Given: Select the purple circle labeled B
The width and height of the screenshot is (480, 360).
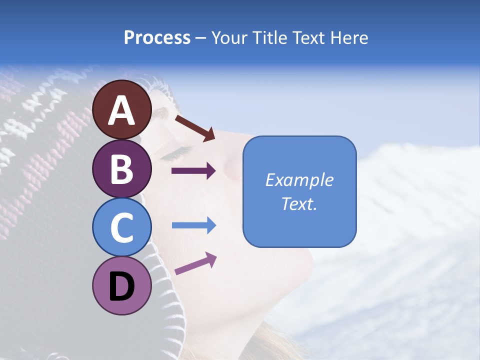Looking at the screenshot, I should tap(122, 168).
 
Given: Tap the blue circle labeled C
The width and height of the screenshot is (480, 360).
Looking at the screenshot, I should tap(122, 227).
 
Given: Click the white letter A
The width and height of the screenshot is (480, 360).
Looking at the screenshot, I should tap(122, 110).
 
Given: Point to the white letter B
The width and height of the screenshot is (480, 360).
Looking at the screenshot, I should tap(122, 168).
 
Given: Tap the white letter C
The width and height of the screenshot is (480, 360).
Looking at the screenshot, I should tap(122, 227).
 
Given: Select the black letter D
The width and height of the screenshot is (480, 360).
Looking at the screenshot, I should tap(122, 286).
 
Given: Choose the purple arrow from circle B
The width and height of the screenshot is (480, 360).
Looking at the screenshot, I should tap(193, 171).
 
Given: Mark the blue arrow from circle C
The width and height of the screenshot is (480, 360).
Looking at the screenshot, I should tap(193, 225).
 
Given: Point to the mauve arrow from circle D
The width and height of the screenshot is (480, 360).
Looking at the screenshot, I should tap(195, 263).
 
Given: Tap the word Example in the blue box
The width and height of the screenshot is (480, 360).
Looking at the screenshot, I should tap(299, 180).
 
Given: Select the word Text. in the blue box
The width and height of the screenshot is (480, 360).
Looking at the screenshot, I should tap(299, 203).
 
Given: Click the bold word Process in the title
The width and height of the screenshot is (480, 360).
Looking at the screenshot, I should tap(157, 38).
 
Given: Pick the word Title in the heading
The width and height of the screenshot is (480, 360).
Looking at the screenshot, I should tap(270, 38).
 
